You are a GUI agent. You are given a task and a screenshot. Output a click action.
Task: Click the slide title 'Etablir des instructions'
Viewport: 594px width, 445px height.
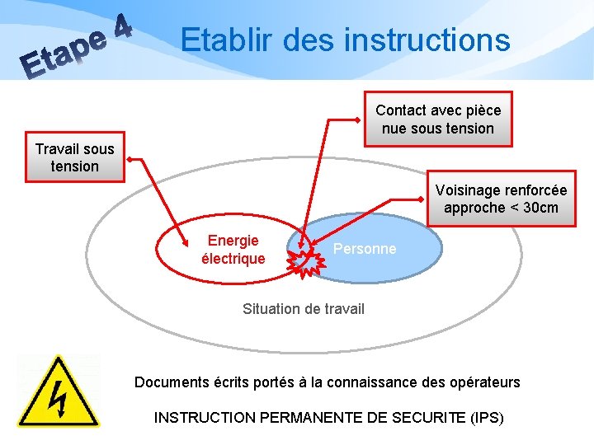point(345,40)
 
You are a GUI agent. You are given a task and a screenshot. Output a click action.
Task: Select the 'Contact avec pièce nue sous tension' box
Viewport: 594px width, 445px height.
point(438,119)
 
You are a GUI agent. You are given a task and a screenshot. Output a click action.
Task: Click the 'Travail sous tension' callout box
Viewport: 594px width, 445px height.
point(74,157)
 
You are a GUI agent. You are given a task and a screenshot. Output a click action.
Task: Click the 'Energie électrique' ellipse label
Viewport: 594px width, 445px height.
point(233,250)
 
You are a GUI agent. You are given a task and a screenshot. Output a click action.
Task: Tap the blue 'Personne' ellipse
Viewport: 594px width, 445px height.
point(364,249)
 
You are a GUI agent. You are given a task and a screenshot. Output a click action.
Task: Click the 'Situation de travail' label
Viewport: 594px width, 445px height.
point(303,309)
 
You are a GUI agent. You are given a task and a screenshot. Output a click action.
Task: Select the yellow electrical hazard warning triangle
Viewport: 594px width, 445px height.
point(58,392)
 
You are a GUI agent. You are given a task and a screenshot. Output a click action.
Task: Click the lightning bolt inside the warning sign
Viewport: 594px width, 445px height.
point(58,399)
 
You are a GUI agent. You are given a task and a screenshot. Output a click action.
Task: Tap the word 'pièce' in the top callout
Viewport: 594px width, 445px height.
point(481,110)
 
